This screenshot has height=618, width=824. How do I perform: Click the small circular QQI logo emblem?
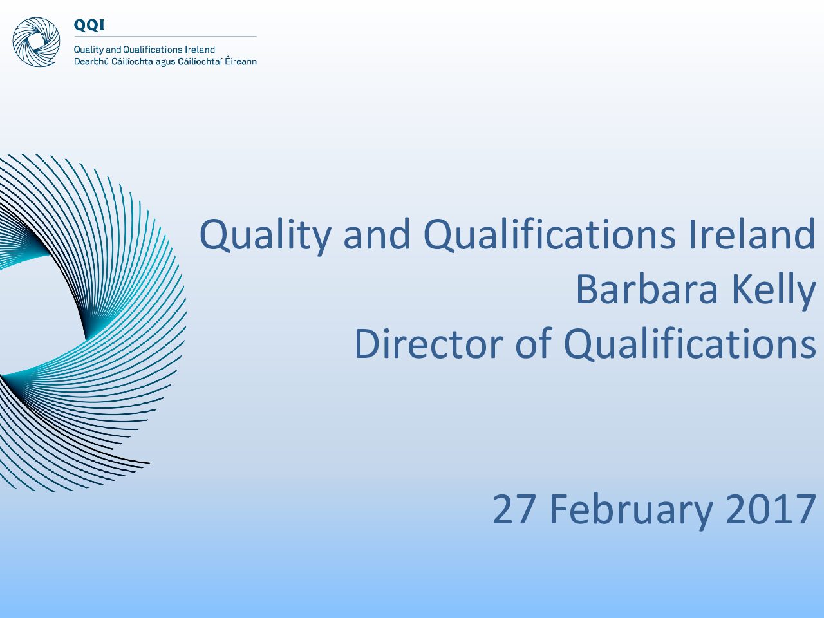(x=36, y=42)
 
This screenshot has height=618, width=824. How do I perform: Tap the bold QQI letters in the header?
(x=89, y=26)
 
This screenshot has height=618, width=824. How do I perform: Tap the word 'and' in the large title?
(x=377, y=234)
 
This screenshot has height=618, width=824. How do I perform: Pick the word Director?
(x=428, y=344)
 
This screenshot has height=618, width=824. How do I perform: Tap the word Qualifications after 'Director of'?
(x=690, y=344)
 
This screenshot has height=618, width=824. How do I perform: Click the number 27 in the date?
(x=514, y=509)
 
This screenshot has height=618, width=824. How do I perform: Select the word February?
(x=631, y=511)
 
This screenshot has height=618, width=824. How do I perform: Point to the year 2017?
(x=771, y=509)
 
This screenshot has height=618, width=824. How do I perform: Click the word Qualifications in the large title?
(x=550, y=235)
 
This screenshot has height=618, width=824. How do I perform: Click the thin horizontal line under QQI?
(x=165, y=37)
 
